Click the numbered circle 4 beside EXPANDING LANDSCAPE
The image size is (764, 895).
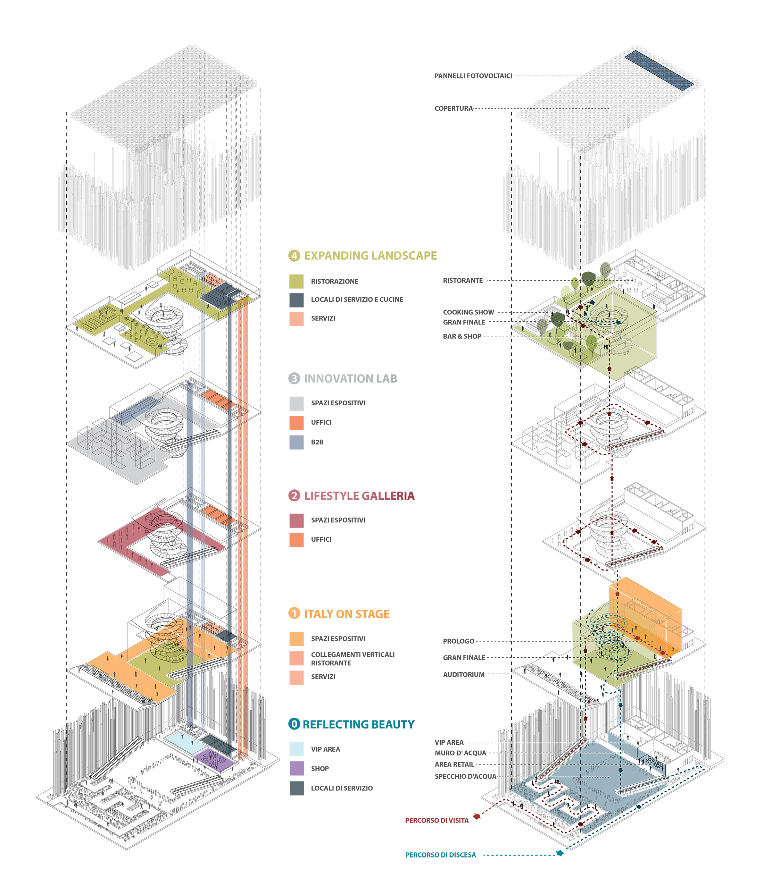294,256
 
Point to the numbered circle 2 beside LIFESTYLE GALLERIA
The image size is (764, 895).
294,496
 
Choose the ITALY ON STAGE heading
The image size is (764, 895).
347,614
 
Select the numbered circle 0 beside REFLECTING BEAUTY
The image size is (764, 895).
294,724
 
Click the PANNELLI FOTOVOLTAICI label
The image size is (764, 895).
473,76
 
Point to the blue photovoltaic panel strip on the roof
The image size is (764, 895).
659,70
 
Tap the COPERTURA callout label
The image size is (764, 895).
454,108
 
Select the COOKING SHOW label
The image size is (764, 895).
468,312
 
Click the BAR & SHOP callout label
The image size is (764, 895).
462,337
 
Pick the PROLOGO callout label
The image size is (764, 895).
458,641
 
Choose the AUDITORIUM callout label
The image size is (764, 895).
464,675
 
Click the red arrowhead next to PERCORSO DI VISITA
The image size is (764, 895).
477,816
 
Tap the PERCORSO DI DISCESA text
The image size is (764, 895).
440,855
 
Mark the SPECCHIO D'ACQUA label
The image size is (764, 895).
465,776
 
